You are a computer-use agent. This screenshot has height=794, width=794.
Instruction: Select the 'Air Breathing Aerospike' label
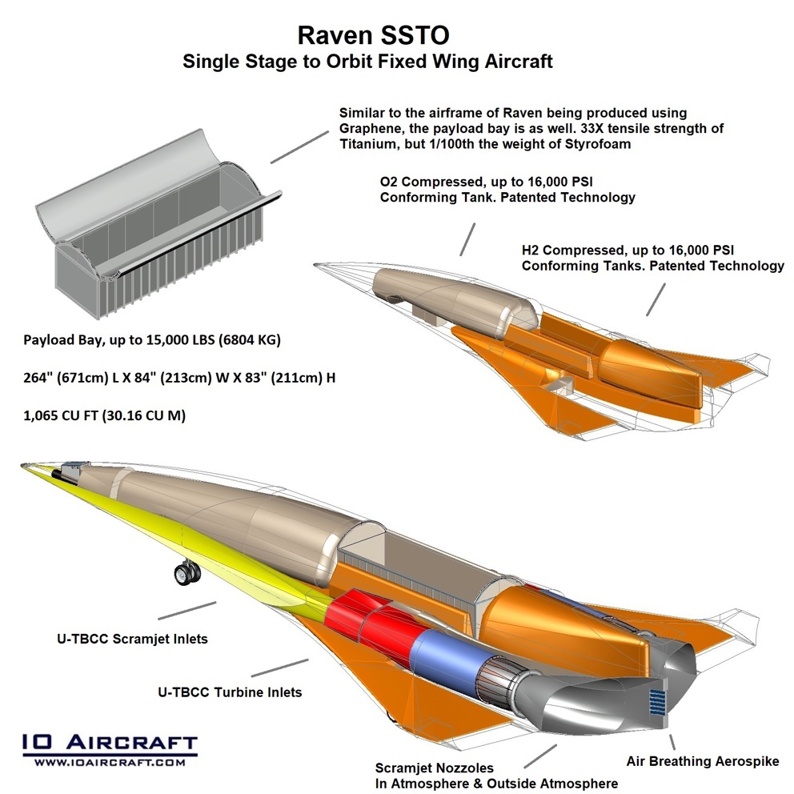(703, 761)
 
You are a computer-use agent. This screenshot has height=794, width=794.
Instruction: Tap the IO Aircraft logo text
(109, 742)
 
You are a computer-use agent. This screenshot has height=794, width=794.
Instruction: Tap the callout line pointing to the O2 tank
(468, 238)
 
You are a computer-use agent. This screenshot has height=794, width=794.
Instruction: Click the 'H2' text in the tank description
(531, 249)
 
